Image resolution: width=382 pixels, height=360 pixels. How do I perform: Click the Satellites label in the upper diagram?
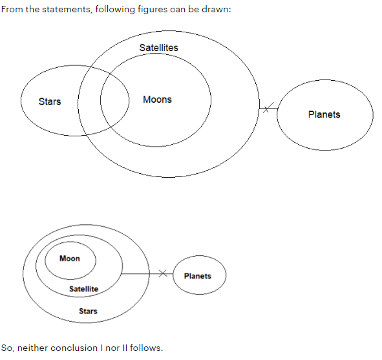158,48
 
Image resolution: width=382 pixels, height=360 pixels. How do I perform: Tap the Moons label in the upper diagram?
157,100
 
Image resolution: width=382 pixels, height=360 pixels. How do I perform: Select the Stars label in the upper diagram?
50,101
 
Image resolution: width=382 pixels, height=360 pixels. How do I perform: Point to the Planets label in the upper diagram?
324,114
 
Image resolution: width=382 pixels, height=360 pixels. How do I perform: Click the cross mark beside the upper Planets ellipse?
268,108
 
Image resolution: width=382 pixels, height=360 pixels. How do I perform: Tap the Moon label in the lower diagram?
70,258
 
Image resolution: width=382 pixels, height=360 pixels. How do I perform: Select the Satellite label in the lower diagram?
84,289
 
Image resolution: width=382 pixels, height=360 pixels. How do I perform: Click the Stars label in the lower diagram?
88,311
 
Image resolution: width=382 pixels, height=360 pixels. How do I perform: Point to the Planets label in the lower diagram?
198,276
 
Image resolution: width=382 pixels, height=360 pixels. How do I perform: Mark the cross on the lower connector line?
163,273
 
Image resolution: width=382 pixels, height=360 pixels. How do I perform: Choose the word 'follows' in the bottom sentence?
147,348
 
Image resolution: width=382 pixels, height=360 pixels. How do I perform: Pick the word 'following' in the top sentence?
115,10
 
